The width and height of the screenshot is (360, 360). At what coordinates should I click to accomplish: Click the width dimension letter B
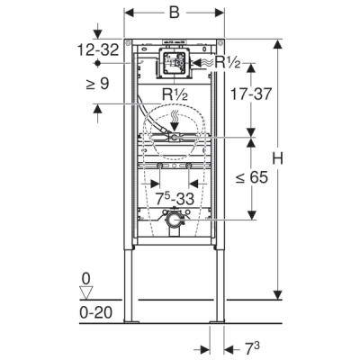174,13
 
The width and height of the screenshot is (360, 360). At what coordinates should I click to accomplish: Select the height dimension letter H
277,157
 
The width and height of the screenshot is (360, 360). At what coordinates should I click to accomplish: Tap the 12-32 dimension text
98,49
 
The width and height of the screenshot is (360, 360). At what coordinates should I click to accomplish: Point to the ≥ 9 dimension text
97,84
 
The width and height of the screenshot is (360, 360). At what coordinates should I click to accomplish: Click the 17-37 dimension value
251,94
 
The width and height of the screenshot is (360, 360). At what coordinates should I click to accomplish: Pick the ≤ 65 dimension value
251,177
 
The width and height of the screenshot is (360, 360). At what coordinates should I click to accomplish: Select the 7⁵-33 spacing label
175,198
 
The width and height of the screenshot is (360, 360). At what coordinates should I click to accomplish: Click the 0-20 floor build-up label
96,312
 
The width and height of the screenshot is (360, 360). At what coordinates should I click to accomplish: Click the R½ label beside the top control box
228,62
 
